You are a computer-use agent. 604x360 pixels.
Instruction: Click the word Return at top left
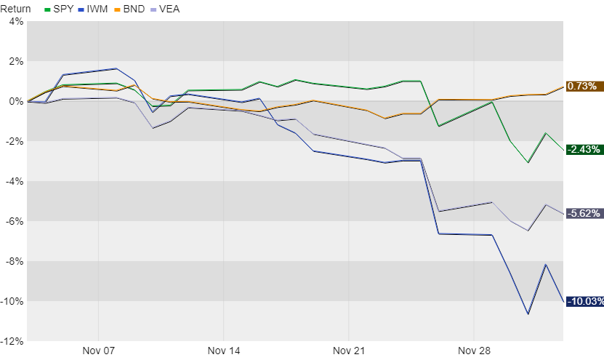pos(16,9)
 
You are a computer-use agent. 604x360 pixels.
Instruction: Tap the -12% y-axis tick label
pos(12,341)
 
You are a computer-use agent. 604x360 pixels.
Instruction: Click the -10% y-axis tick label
pos(12,301)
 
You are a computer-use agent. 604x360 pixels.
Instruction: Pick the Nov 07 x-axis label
pos(99,351)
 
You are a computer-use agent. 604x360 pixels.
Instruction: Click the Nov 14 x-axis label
pos(224,351)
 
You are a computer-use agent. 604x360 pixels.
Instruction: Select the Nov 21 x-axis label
pos(349,351)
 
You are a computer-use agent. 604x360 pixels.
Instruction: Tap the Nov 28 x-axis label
pos(473,351)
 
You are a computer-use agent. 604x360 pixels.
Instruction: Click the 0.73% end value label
pos(583,87)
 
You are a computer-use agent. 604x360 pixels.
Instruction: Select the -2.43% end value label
pos(583,150)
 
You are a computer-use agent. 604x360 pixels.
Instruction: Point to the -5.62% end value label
pos(583,213)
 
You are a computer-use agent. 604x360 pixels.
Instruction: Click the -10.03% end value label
pos(583,302)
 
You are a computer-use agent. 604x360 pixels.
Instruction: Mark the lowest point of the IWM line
pos(528,314)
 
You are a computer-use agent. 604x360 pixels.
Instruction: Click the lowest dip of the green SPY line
pos(528,162)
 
